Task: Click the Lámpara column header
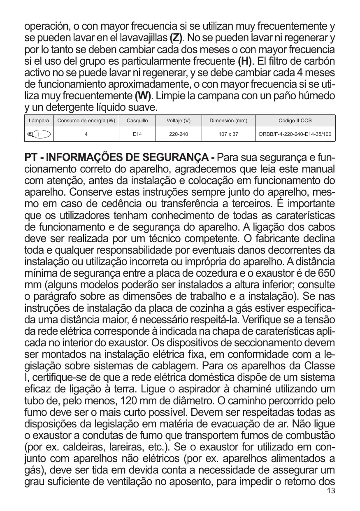(x=39, y=121)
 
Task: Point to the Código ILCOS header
(x=295, y=121)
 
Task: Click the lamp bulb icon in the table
(x=39, y=134)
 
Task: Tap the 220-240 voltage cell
(x=179, y=134)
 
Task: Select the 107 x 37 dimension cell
(x=228, y=134)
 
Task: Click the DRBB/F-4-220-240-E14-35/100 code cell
(x=295, y=134)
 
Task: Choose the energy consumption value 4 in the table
(x=86, y=134)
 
